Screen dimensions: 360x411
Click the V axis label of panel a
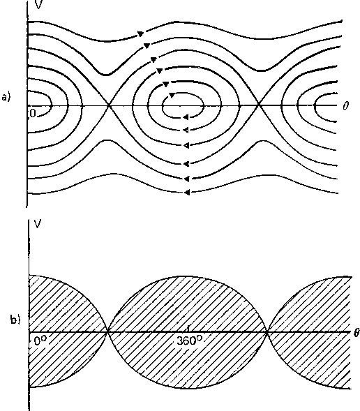coord(38,4)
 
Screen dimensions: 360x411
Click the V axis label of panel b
coord(38,224)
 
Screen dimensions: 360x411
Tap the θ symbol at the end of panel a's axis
coord(345,105)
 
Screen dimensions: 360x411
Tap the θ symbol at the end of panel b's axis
coord(357,333)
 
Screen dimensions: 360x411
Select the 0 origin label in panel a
coord(33,113)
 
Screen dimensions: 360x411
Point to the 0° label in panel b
coord(40,341)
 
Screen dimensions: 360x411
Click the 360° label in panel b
coord(189,341)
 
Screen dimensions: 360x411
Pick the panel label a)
coord(6,97)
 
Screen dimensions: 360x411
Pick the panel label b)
coord(15,320)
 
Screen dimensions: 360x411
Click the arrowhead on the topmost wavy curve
coord(141,33)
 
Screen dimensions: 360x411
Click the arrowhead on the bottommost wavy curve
coord(186,193)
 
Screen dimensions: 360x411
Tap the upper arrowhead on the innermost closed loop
coord(172,95)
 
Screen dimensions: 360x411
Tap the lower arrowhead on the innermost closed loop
coord(186,117)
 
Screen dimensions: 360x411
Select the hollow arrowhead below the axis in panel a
coord(186,130)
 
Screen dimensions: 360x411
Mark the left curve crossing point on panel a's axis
coord(109,105)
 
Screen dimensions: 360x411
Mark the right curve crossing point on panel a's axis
coord(259,105)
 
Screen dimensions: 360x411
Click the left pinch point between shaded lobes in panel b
coord(107,332)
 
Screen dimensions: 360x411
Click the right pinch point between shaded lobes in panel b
coord(267,332)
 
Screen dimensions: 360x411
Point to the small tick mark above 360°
coord(188,329)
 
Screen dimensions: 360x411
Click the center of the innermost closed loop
coord(183,105)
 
